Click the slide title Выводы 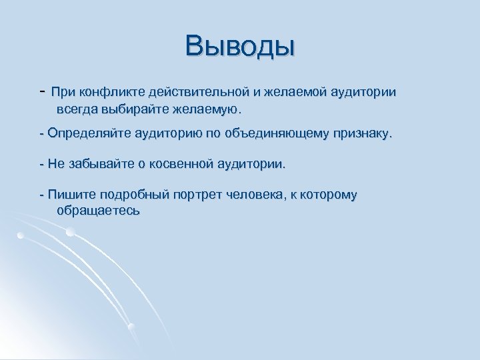pos(240,46)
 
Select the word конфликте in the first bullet pos(111,91)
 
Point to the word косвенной pos(172,163)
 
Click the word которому pos(329,195)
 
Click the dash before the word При pos(42,90)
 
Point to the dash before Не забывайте pos(42,163)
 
